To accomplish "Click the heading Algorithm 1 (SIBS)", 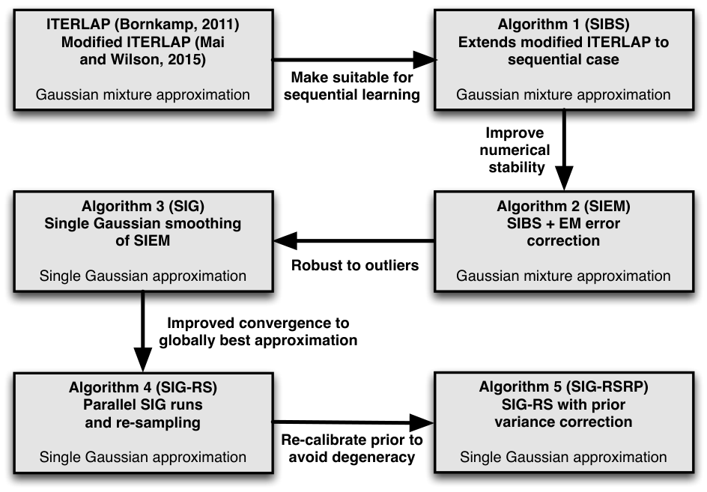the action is [x=563, y=25].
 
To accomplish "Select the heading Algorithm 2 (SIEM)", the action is [x=563, y=206].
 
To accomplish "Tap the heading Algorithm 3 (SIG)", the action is [x=143, y=206].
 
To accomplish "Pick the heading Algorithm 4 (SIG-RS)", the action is [x=143, y=387].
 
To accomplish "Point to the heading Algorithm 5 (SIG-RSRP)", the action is [x=563, y=387].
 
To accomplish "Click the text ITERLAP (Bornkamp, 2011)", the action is [x=143, y=25].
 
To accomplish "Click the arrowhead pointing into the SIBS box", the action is [x=425, y=59].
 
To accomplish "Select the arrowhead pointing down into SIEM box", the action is [x=564, y=177].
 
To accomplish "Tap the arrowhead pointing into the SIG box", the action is [x=285, y=240].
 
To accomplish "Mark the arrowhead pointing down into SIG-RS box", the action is [x=143, y=359].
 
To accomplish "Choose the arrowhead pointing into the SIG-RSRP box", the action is [x=422, y=423].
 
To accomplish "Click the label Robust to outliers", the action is [x=355, y=265].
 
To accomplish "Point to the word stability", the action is [x=517, y=167].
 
